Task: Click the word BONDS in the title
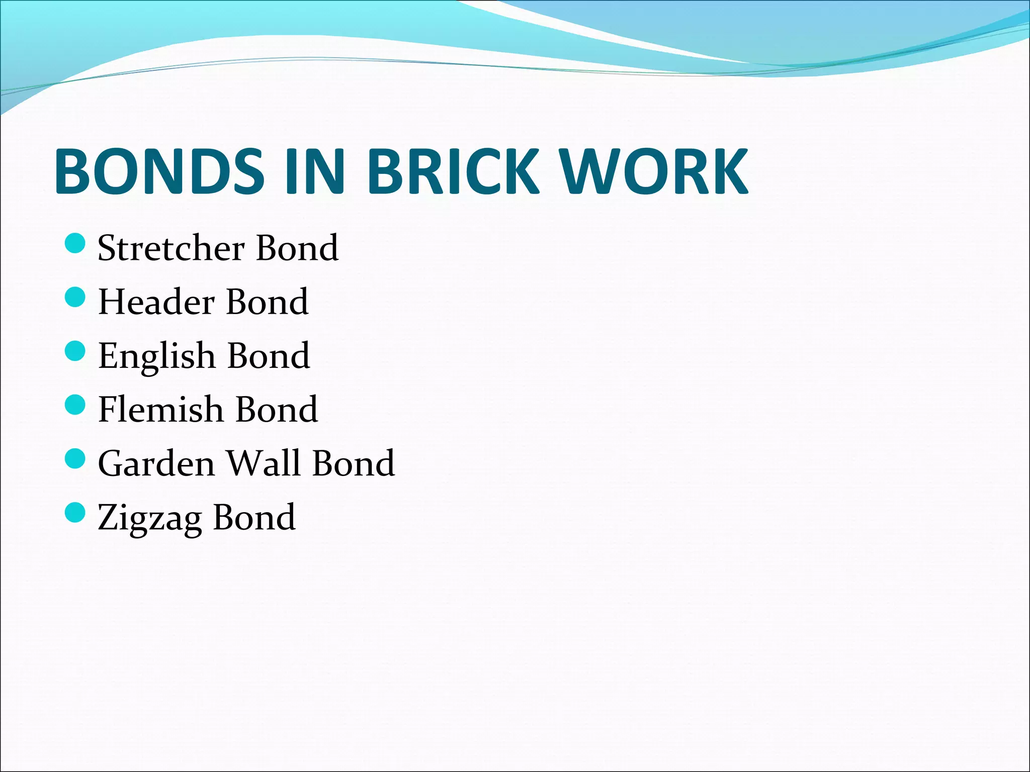[159, 171]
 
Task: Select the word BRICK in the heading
[454, 171]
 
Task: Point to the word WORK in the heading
[654, 171]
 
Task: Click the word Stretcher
[171, 248]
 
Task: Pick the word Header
[156, 302]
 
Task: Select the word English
[157, 356]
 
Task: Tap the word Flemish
[160, 409]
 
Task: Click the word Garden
[156, 463]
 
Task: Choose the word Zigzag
[149, 518]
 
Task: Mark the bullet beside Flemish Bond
[75, 405]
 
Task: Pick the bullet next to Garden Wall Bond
[75, 458]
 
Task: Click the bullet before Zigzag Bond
[75, 512]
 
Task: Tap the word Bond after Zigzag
[254, 517]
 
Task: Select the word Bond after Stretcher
[297, 248]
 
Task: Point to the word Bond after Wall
[354, 463]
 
